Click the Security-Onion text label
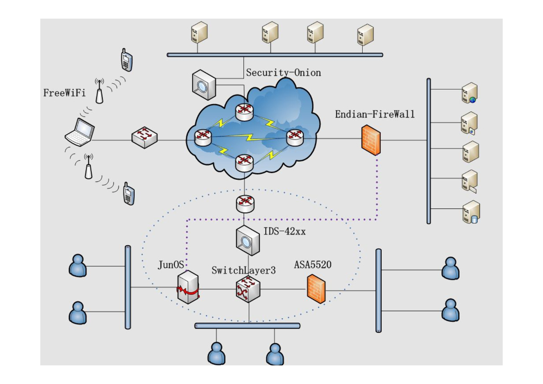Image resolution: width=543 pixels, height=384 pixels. (283, 73)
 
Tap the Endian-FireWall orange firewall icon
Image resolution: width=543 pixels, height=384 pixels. (371, 139)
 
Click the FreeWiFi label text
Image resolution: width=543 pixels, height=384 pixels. (64, 93)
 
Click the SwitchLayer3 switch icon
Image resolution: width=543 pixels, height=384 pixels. (248, 289)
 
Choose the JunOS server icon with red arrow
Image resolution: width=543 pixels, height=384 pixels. (188, 288)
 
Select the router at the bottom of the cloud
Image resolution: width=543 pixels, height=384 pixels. (244, 161)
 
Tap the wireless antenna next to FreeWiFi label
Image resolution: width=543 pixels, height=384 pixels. (99, 91)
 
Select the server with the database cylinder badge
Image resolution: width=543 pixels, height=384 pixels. (470, 212)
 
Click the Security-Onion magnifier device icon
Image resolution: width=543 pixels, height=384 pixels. (203, 84)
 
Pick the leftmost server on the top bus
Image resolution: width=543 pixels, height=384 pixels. (199, 33)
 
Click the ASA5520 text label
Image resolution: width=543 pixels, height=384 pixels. (313, 265)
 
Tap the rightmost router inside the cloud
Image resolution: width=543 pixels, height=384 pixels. (294, 137)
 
